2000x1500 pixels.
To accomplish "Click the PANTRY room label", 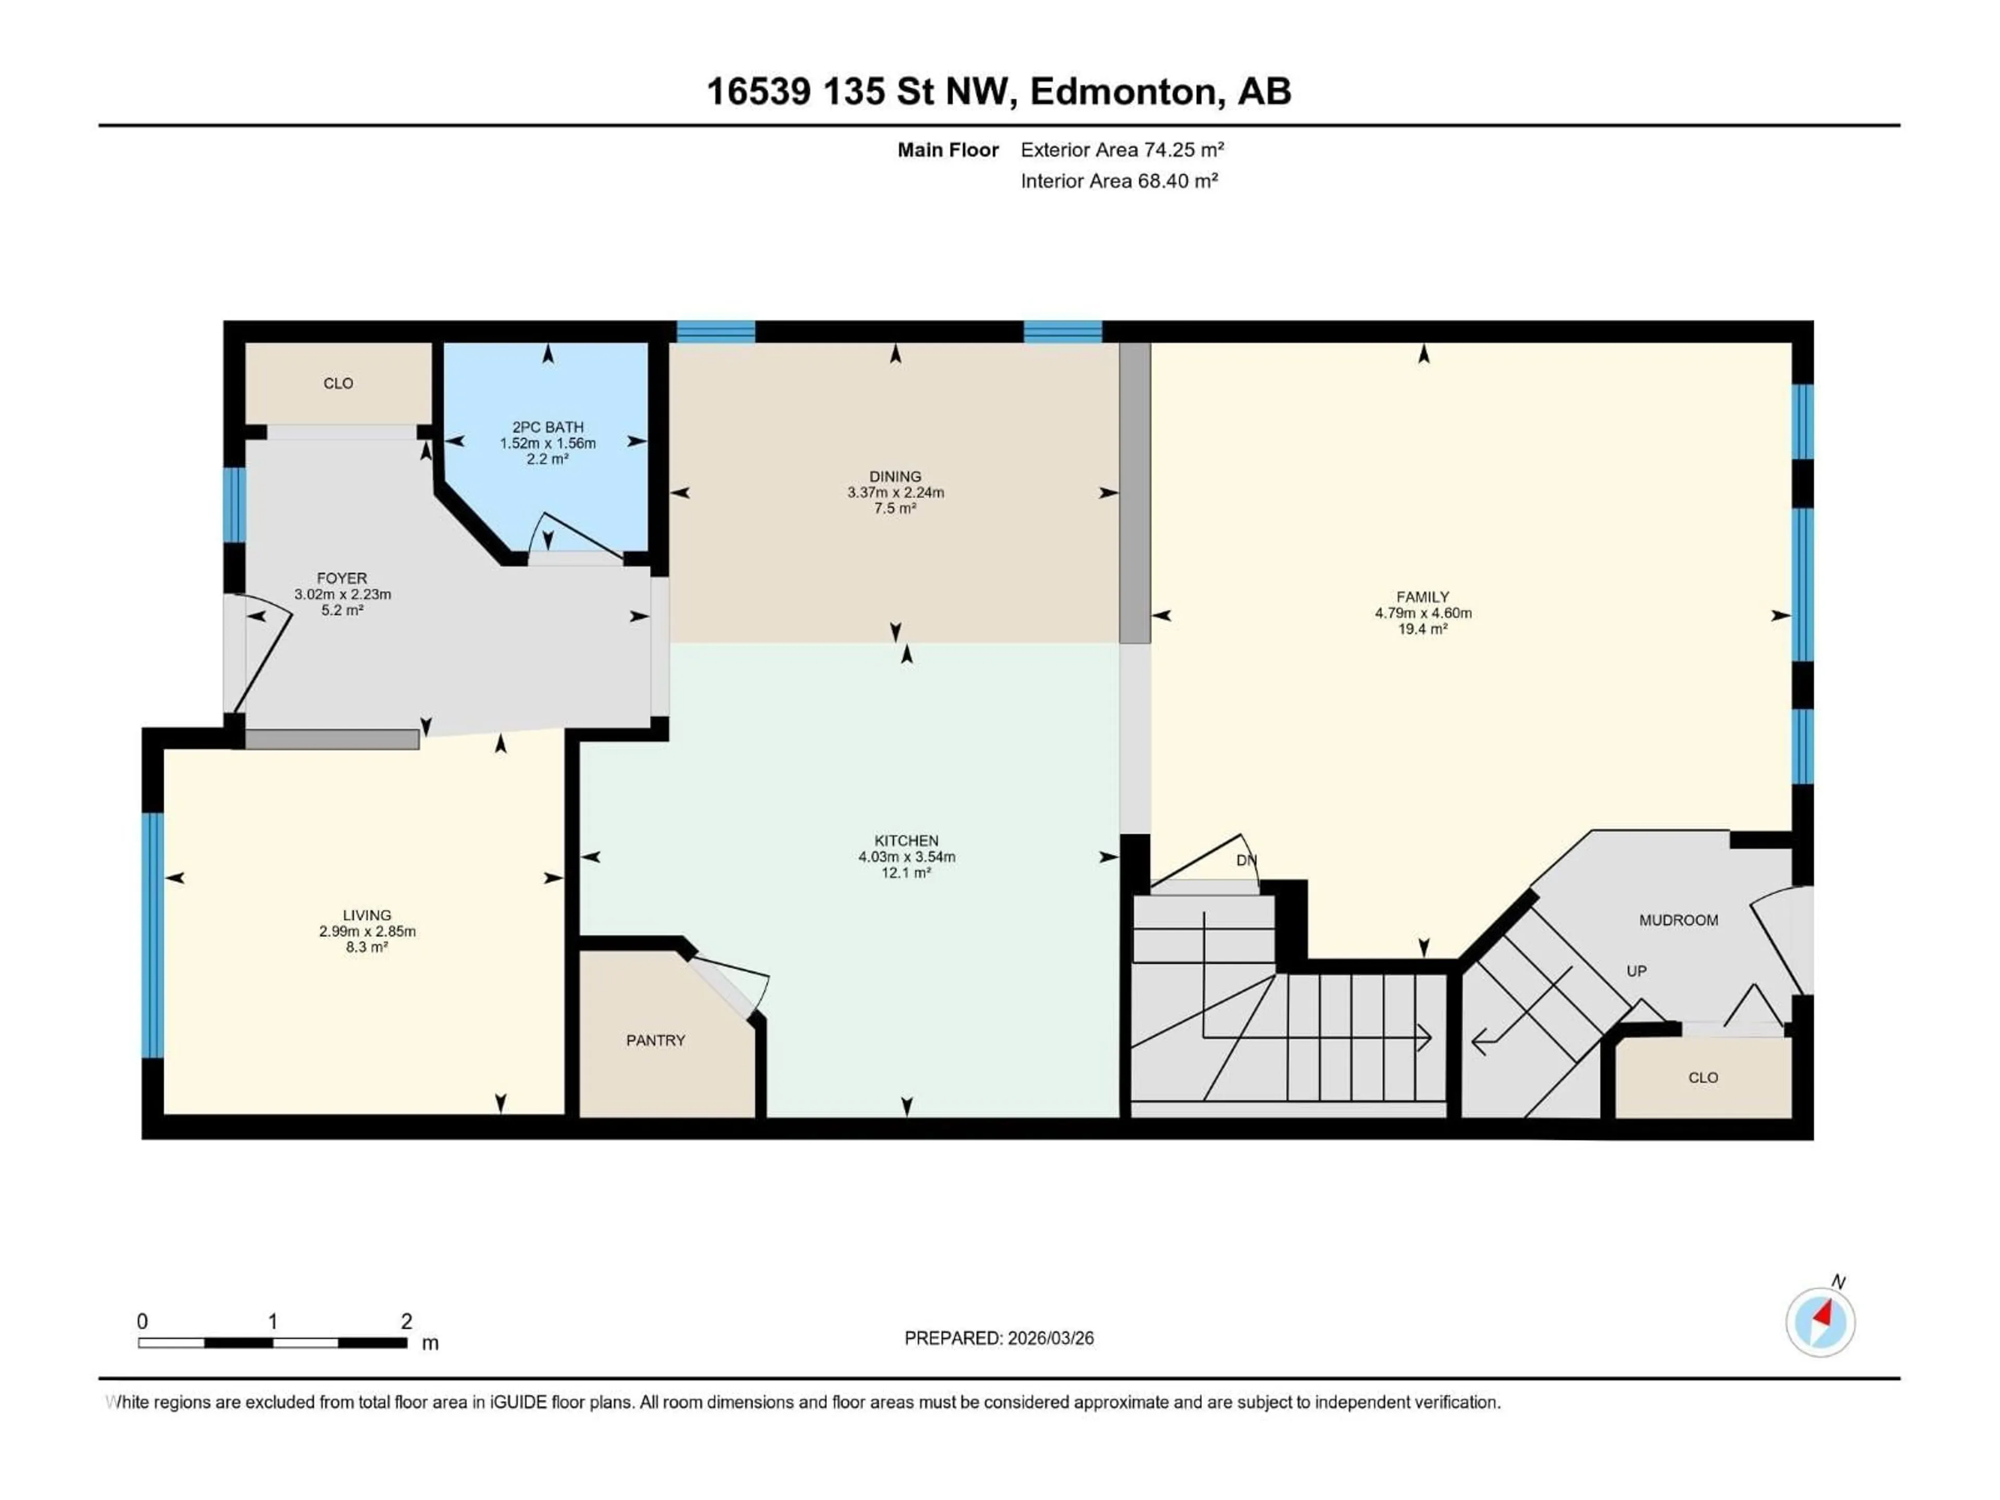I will pos(656,1041).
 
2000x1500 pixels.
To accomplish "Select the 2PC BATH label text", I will pos(548,427).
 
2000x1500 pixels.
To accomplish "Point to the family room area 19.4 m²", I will pos(1422,629).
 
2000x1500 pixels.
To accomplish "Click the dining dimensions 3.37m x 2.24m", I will pos(895,493).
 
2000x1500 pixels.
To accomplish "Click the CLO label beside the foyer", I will pos(338,383).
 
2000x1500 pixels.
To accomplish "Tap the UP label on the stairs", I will pos(1636,971).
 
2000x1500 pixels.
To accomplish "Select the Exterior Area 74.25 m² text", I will pos(1122,150).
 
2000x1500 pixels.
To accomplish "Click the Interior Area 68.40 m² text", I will pos(1119,181).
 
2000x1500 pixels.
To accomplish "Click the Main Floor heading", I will pos(947,150).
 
